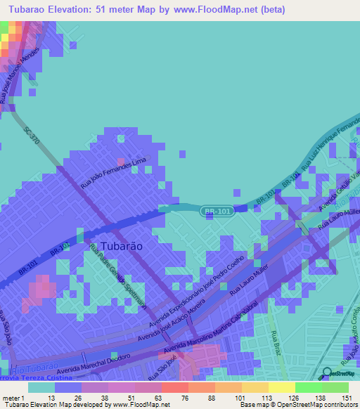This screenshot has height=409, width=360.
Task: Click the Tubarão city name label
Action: pos(117,247)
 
